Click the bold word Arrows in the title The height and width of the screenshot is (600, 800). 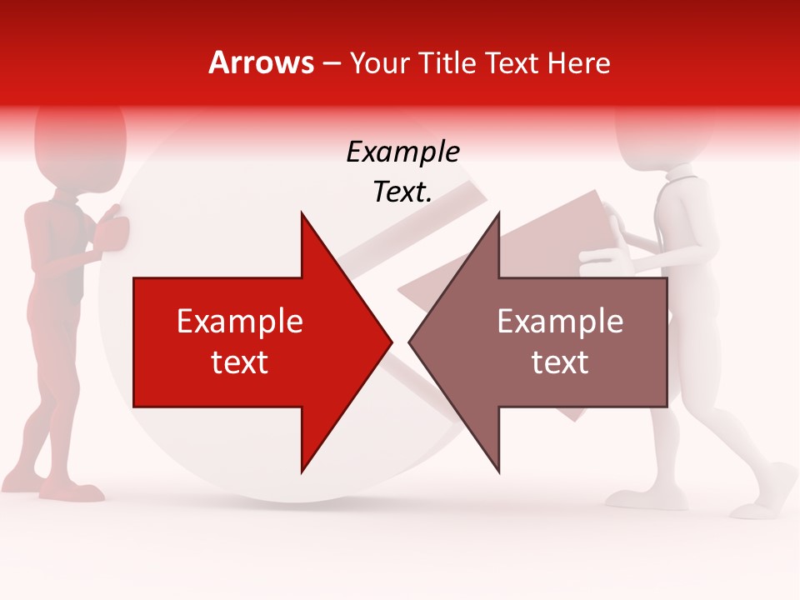pyautogui.click(x=262, y=62)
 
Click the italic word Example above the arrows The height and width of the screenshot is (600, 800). pyautogui.click(x=402, y=152)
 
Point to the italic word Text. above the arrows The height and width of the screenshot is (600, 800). pyautogui.click(x=402, y=192)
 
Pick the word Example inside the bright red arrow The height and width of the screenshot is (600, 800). pyautogui.click(x=240, y=322)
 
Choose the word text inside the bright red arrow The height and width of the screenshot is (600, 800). pyautogui.click(x=240, y=362)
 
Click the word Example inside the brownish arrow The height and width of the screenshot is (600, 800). pyautogui.click(x=560, y=322)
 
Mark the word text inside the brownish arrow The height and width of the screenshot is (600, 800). pyautogui.click(x=560, y=362)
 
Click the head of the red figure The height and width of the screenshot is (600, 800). pyautogui.click(x=80, y=137)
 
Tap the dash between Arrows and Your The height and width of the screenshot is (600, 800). pyautogui.click(x=332, y=63)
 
